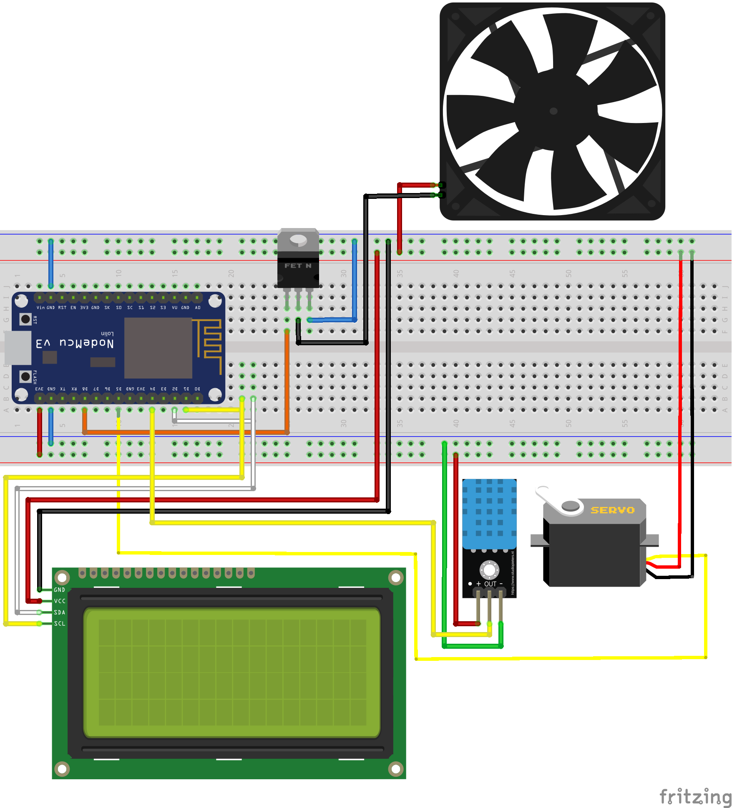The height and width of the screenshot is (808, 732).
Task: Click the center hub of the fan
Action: [553, 111]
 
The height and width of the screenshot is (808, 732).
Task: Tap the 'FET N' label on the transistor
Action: [298, 266]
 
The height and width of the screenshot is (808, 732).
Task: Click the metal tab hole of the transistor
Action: [298, 239]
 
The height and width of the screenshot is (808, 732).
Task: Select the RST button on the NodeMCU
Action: [25, 319]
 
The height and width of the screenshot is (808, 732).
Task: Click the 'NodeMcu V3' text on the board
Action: [75, 343]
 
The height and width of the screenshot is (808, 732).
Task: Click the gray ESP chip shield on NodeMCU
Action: [158, 348]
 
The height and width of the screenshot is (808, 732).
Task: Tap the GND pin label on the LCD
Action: [59, 590]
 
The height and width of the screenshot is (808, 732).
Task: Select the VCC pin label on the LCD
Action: [60, 601]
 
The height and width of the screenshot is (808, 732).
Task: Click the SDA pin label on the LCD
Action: [60, 612]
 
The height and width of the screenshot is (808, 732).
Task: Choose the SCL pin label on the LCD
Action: [60, 624]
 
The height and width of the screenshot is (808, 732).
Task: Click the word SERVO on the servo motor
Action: [612, 510]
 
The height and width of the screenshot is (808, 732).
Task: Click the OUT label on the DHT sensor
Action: [490, 584]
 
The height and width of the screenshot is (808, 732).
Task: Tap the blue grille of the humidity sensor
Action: [489, 513]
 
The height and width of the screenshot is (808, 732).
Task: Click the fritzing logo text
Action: [694, 797]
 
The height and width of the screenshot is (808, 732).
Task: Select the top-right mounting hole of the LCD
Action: [395, 577]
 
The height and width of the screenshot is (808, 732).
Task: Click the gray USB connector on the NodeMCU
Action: [18, 348]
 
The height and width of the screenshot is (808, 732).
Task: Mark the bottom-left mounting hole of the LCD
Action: [62, 768]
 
